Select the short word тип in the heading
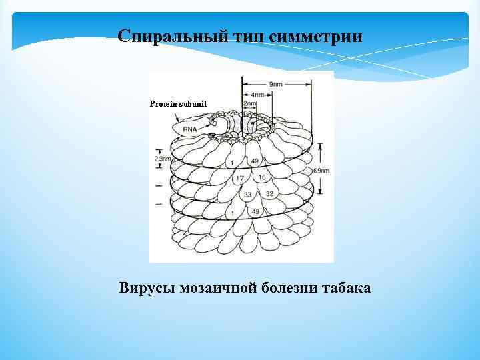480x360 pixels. (252, 36)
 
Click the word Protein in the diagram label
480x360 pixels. (164, 105)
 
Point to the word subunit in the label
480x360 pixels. (193, 105)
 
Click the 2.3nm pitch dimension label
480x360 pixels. (161, 159)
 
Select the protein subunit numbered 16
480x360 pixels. (261, 177)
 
